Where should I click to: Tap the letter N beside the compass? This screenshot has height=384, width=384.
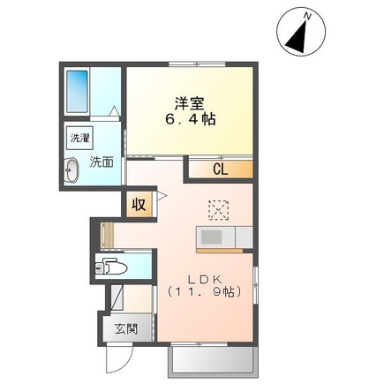(307, 15)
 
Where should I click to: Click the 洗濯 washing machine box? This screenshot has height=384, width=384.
(79, 139)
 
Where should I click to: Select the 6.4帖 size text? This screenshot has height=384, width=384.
(189, 117)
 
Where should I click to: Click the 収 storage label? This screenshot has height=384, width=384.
(139, 203)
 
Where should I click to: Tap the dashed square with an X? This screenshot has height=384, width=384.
(217, 208)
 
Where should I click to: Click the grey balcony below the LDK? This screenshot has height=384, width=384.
(211, 359)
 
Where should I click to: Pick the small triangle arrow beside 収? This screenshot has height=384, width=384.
(162, 195)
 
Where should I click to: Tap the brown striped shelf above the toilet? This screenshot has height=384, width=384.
(105, 236)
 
